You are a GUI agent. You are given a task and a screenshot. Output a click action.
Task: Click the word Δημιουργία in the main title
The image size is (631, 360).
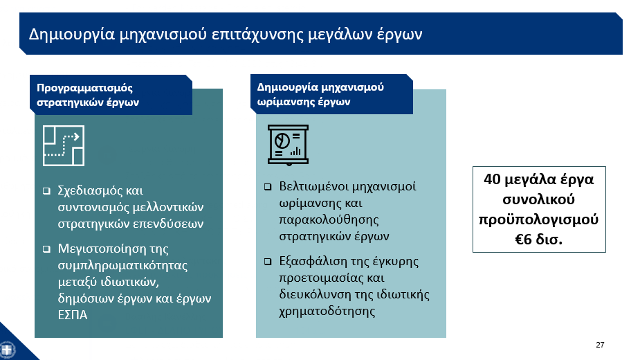72,35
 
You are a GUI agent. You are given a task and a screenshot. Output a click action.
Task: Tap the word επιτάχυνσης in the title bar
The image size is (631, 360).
257,35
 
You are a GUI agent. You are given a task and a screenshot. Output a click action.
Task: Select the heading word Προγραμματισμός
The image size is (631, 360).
84,88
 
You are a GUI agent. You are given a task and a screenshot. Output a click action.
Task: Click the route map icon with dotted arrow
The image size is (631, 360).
64,145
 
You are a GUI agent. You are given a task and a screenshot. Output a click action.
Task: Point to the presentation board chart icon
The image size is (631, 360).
288,145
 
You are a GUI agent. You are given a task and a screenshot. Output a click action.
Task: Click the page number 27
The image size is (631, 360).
600,345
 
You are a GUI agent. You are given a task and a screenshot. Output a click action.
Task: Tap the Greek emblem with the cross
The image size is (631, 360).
7,350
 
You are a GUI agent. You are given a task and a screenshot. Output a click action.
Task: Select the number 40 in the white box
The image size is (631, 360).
492,179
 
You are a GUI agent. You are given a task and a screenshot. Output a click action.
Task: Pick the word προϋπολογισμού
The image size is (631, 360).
538,220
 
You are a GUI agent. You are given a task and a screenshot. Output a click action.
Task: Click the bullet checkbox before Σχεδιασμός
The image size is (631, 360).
46,191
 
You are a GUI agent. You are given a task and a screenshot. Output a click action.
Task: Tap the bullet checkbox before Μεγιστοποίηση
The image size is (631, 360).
46,249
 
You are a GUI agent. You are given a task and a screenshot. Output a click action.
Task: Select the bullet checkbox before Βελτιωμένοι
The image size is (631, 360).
268,187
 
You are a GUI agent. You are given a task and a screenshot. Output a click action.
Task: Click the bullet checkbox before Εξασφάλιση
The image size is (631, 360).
268,262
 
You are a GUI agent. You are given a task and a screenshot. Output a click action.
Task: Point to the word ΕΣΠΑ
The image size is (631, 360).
73,315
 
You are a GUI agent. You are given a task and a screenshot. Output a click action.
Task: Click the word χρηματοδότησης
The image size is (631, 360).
327,312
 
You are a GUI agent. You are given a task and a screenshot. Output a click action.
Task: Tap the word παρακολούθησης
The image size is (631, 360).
329,220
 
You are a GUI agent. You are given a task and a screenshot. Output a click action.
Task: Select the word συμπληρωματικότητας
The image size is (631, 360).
122,266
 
